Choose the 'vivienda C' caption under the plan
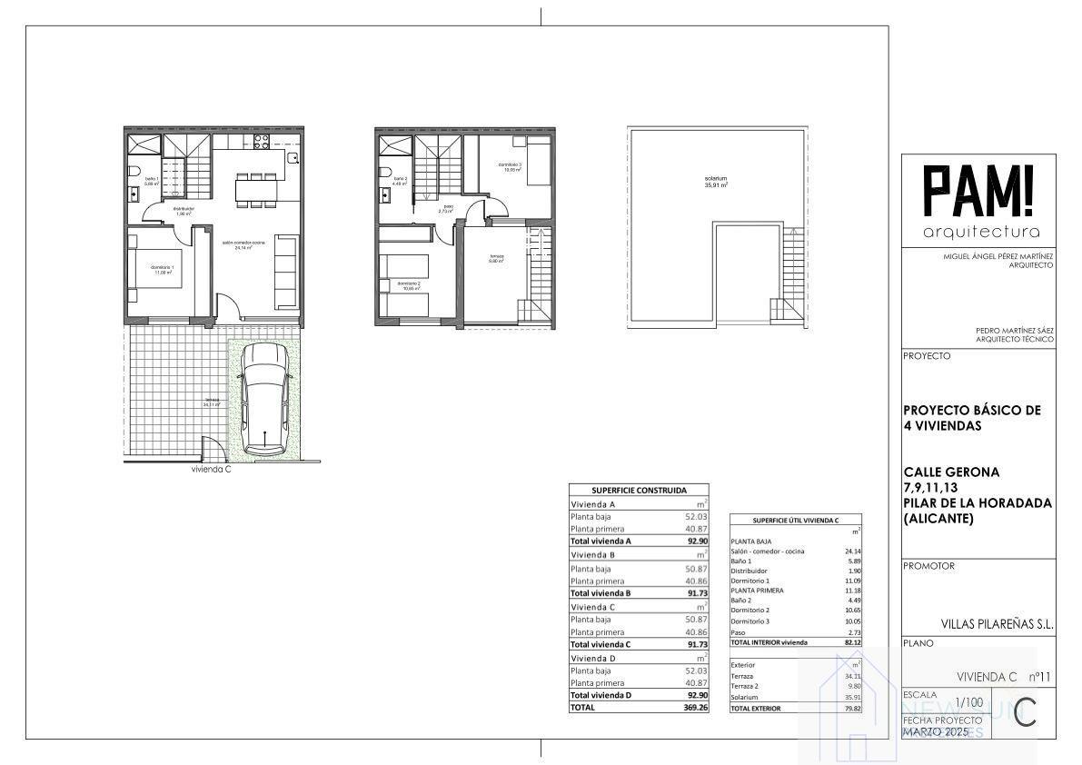pos(211,471)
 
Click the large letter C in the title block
pos(1025,711)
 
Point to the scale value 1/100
pos(969,702)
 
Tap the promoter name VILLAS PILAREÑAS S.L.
pos(997,625)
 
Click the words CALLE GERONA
pos(951,472)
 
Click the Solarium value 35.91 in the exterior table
pos(849,697)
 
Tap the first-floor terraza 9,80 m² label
pos(496,258)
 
